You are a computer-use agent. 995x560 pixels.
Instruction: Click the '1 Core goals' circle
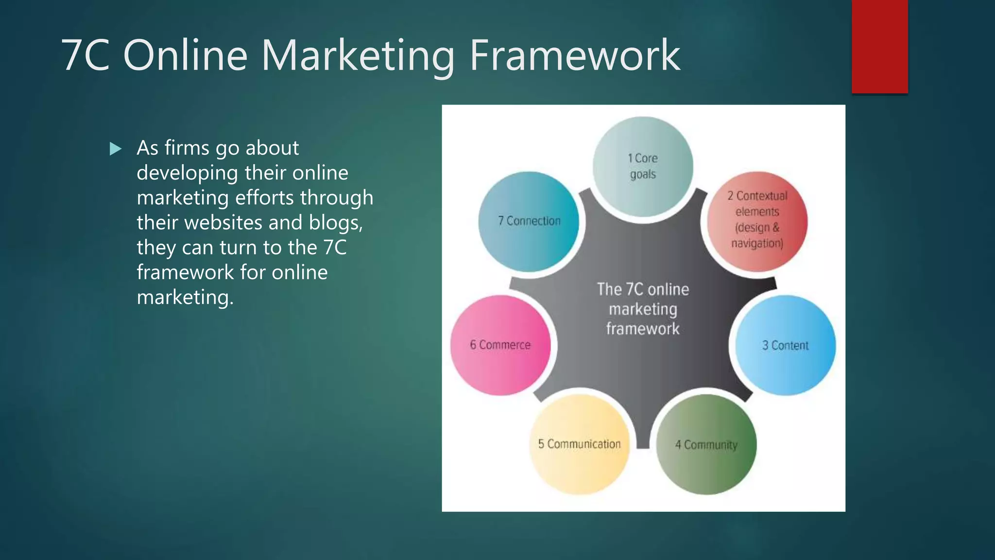(643, 166)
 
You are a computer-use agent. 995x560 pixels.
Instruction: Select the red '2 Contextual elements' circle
(757, 221)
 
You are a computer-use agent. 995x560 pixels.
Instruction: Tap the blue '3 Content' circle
(785, 345)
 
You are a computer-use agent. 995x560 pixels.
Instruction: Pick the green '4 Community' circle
(706, 444)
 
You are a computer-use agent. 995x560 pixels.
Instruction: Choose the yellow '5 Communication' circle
(579, 444)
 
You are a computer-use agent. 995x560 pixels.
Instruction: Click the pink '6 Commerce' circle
(500, 345)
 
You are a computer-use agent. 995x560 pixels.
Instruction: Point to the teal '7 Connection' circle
(529, 221)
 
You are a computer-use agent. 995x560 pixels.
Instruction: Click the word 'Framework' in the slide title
(575, 55)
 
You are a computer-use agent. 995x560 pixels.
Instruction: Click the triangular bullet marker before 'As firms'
(116, 149)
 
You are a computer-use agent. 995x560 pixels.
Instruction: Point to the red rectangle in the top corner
(879, 46)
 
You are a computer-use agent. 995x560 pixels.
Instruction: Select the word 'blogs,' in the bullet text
(336, 223)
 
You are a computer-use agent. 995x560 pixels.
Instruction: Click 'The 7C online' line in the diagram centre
(643, 289)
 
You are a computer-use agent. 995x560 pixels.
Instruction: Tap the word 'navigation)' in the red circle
(757, 243)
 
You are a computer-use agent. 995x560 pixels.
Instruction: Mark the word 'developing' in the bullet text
(187, 173)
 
